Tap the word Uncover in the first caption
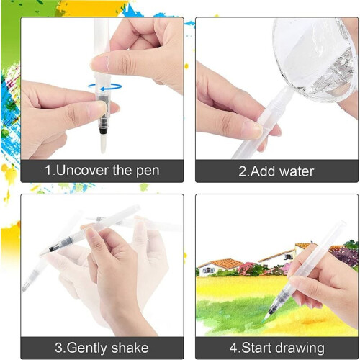82,170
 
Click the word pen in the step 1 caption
148,171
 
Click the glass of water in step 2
315,58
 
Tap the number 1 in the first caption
48,171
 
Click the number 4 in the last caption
233,348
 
